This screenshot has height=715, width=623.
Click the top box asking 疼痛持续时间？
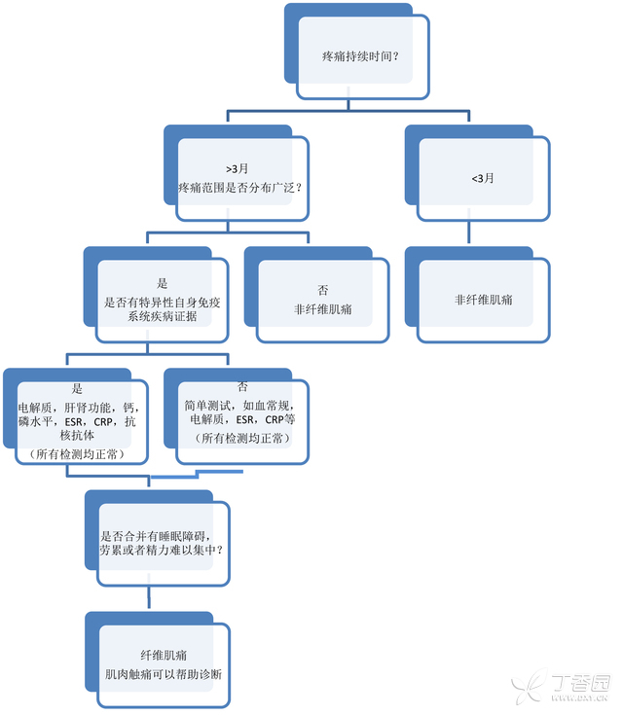[357, 52]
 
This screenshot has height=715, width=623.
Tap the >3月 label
[238, 168]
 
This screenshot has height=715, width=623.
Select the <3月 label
[483, 178]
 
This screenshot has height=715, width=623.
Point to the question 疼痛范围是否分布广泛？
[240, 188]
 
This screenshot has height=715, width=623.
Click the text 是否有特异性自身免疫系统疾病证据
[162, 309]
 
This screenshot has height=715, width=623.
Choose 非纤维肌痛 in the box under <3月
[484, 300]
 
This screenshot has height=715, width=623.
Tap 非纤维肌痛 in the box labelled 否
[322, 309]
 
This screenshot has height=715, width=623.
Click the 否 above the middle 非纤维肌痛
[322, 290]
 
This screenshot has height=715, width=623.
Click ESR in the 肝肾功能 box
[74, 422]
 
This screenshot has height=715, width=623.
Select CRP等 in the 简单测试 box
[280, 419]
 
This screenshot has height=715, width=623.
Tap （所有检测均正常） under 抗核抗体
[77, 454]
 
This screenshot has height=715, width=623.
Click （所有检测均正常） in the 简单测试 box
[242, 438]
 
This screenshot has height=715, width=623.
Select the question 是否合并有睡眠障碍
[155, 536]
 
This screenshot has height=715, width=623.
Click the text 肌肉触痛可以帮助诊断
[164, 674]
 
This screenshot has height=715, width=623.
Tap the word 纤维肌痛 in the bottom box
[164, 656]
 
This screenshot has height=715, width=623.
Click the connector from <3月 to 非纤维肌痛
[469, 232]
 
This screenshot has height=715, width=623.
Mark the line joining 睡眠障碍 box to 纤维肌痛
[149, 597]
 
